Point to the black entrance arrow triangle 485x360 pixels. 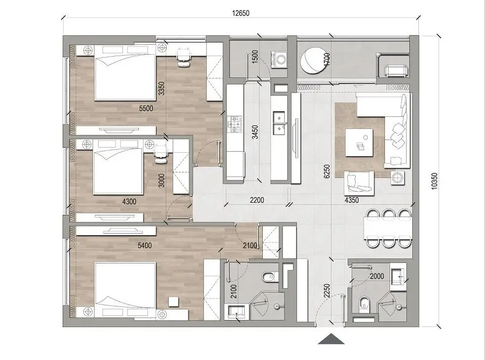[x=331, y=339]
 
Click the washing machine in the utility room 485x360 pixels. [x=279, y=59]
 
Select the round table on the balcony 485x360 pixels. [x=312, y=62]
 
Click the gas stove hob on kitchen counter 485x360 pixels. [x=235, y=123]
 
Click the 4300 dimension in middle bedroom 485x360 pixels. [x=130, y=201]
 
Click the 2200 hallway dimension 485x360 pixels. [x=257, y=200]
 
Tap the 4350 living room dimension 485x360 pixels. [x=352, y=200]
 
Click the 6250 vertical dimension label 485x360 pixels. [x=327, y=172]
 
